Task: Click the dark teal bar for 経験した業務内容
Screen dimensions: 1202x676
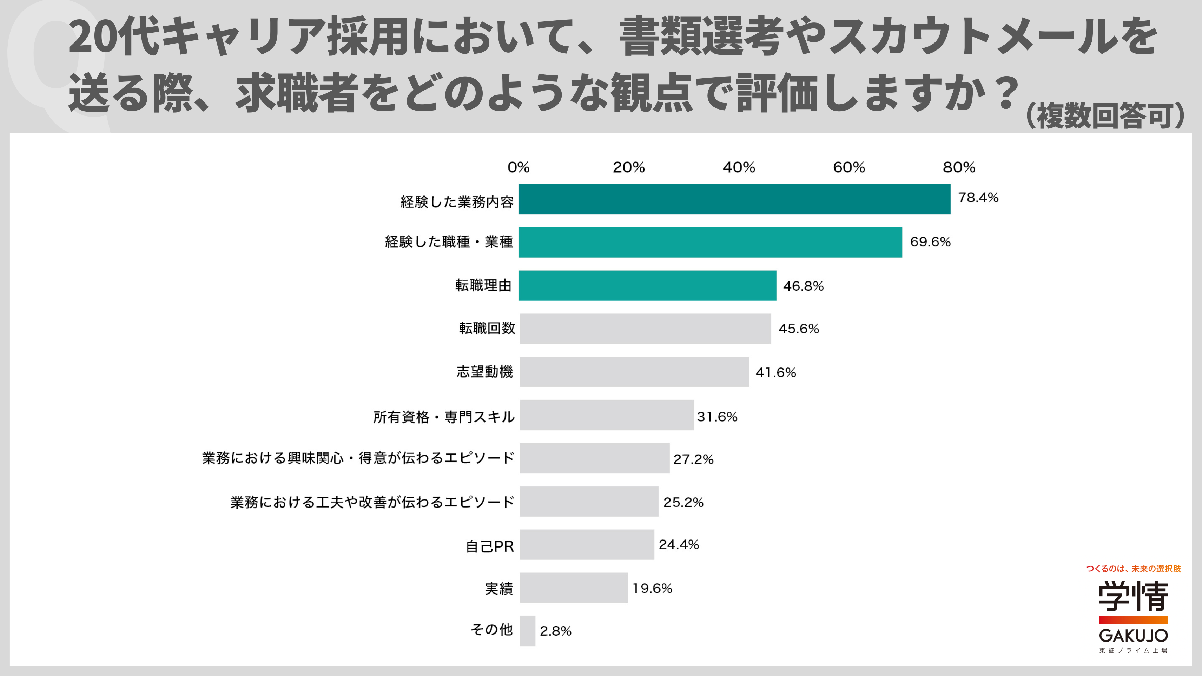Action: [x=734, y=199]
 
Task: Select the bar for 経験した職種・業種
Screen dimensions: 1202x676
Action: [x=710, y=242]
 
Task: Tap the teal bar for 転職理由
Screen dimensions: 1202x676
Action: [x=648, y=285]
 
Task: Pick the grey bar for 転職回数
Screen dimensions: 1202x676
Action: [x=645, y=329]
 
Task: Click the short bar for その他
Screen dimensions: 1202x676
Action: [x=527, y=631]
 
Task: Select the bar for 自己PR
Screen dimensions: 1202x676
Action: [x=587, y=544]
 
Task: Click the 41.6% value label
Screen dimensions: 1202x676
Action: [x=775, y=372]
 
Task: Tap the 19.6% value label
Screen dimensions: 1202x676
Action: [x=652, y=588]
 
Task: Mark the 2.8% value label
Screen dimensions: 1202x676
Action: [x=555, y=631]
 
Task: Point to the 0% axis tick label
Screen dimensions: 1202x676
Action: [x=519, y=167]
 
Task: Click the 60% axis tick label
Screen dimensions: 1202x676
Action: [x=849, y=167]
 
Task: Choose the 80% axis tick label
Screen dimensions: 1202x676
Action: [x=959, y=167]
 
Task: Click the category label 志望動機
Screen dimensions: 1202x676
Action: [x=485, y=372]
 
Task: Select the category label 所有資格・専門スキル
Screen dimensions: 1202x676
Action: [x=444, y=417]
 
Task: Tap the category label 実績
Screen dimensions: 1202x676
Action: [x=499, y=589]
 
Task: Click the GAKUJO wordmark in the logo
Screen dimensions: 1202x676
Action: [x=1134, y=635]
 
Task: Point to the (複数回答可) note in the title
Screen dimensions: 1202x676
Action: [x=1105, y=116]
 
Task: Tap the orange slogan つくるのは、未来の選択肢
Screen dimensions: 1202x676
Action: [x=1134, y=569]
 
